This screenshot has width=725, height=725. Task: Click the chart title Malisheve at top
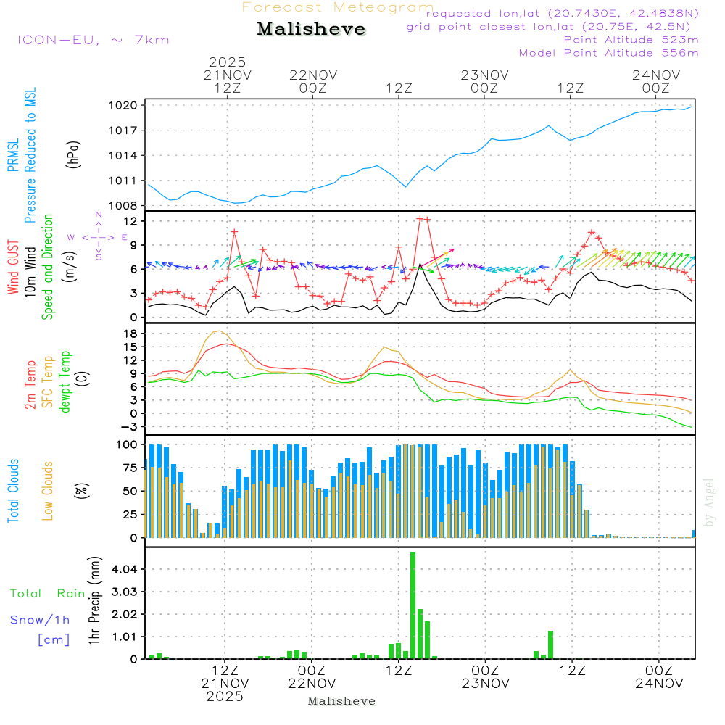311,30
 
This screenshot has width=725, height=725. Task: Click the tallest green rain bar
413,605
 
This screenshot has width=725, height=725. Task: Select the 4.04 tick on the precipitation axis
125,569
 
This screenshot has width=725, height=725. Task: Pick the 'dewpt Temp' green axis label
65,381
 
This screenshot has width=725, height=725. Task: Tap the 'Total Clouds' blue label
14,491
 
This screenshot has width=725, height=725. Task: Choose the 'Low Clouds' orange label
49,491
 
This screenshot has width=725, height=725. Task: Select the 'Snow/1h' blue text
40,620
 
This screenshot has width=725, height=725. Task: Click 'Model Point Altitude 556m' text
608,53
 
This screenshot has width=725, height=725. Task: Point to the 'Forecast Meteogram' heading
338,7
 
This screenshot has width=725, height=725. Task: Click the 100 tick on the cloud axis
127,444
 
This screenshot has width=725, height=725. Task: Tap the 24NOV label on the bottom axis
658,683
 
